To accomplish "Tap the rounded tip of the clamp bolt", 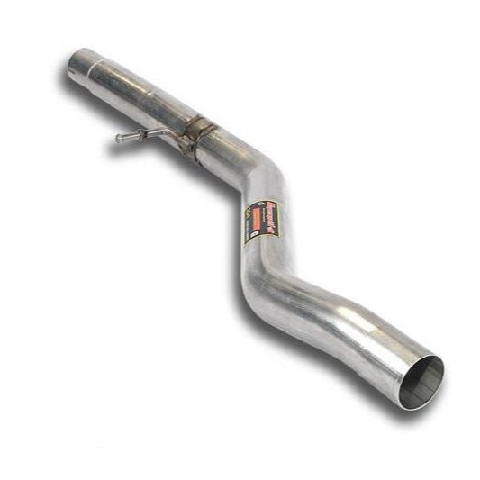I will (x=119, y=138).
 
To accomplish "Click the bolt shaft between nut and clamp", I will (x=162, y=135).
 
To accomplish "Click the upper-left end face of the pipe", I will (x=74, y=61).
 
